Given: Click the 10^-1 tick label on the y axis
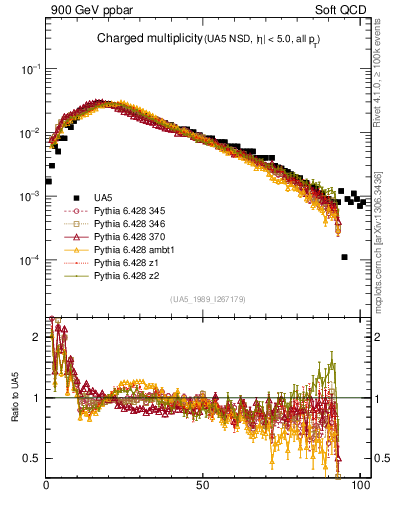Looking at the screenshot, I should coord(31,69).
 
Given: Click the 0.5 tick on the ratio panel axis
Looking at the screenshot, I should coord(35,458).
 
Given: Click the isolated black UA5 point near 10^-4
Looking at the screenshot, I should coord(344,257).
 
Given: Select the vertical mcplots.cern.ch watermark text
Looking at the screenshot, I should coord(383,230).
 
